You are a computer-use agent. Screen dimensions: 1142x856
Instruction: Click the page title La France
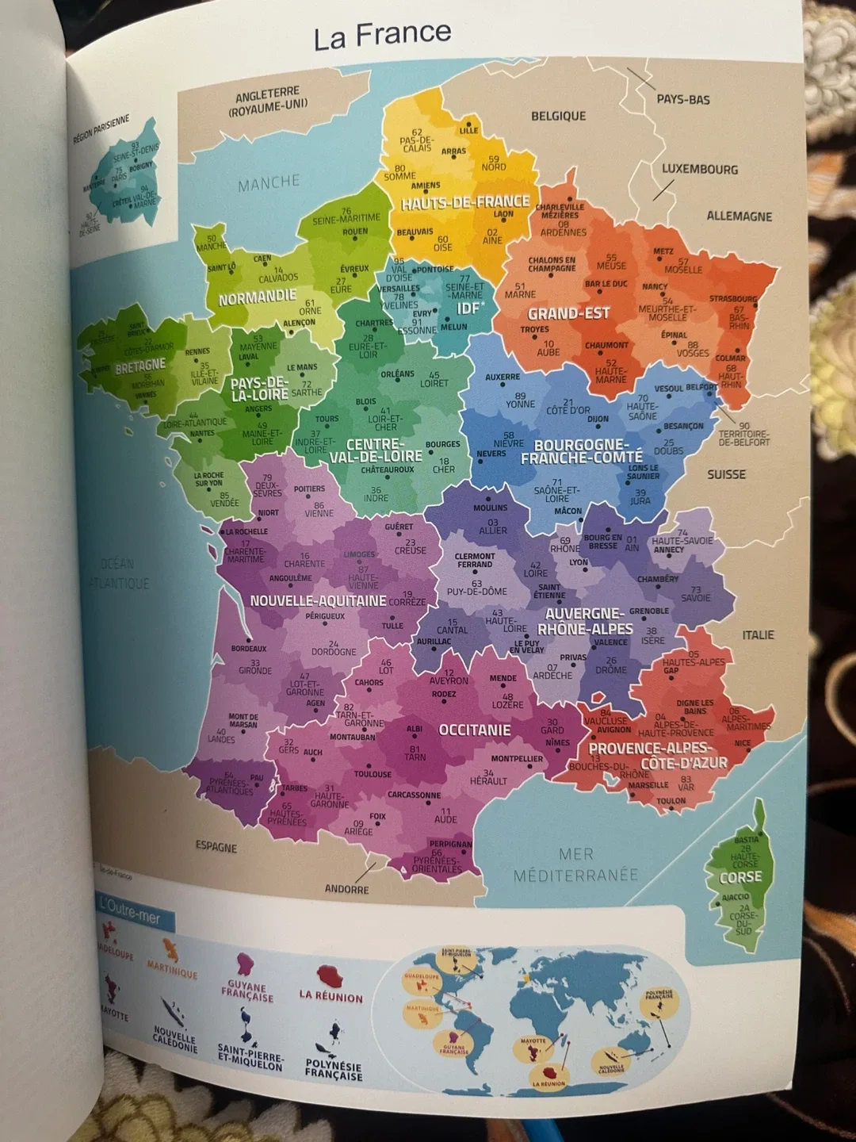tap(382, 35)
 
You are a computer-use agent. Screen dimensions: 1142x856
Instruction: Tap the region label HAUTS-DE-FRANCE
tap(465, 202)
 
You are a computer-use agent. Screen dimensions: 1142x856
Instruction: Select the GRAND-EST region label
tap(568, 314)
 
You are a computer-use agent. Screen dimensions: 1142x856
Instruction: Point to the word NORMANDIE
tap(258, 297)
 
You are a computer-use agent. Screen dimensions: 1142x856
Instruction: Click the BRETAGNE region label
tap(140, 366)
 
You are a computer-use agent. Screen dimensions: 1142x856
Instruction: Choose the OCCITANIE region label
tap(475, 730)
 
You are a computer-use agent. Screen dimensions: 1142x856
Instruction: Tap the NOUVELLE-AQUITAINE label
tap(318, 601)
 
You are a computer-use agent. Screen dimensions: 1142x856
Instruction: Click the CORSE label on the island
tap(740, 877)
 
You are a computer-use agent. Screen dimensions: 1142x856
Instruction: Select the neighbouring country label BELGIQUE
tap(558, 116)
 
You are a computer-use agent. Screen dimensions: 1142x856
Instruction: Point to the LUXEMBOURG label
tap(700, 169)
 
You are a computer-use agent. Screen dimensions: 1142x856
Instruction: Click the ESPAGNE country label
tap(216, 847)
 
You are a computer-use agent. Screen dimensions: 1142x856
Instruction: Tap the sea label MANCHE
tap(269, 182)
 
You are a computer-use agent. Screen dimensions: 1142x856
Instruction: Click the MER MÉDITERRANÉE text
tap(575, 865)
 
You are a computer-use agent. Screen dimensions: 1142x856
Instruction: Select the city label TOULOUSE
tap(373, 774)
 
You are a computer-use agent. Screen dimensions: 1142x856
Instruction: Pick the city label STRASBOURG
tap(733, 299)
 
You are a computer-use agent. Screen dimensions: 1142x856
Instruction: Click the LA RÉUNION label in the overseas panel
tap(331, 997)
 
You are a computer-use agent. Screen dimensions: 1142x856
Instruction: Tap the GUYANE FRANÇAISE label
tap(247, 992)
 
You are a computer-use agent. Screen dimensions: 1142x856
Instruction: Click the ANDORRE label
tap(346, 889)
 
